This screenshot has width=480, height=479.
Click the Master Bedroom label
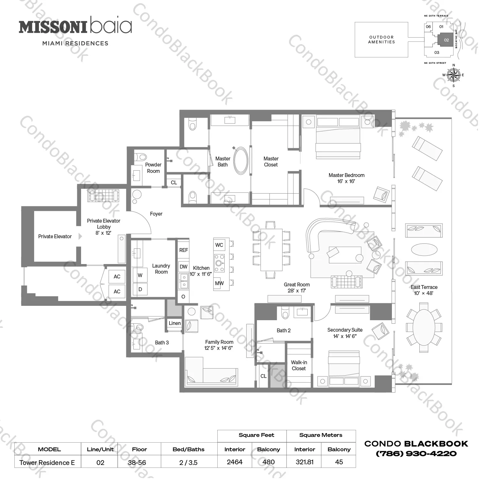pos(346,178)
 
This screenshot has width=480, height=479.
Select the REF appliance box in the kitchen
pos(184,250)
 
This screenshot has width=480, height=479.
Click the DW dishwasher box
pos(184,267)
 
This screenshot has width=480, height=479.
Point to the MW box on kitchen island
pos(219,283)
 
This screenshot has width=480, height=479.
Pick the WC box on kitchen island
pos(219,245)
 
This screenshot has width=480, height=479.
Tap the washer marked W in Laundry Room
pos(140,276)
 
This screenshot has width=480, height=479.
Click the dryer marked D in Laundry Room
pos(140,290)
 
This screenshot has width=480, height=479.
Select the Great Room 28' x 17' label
pos(296,288)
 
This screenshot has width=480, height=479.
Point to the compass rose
pos(453,75)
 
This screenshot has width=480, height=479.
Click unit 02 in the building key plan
pos(446,40)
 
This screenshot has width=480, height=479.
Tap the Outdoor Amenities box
pos(381,40)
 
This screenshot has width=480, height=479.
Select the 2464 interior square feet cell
pos(235,462)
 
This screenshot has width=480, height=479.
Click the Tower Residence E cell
pos(47,462)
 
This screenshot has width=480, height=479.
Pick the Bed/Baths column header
pos(188,449)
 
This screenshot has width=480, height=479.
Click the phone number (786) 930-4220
pos(416,453)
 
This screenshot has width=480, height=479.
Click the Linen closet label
pos(175,323)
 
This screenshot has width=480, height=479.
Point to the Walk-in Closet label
pos(299,365)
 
